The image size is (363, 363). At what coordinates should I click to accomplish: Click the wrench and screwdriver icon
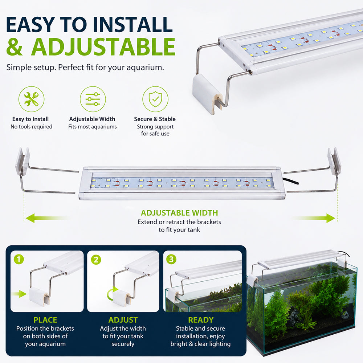[x=32, y=99]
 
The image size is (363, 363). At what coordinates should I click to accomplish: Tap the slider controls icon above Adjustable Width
[x=93, y=99]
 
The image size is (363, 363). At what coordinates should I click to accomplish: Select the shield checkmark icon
[x=155, y=99]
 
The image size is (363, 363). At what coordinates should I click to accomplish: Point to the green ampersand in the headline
[x=15, y=47]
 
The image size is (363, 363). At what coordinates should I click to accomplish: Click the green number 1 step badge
[x=19, y=259]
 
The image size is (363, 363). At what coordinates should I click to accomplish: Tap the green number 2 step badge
[x=96, y=260]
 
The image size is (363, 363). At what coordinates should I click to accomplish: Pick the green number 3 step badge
[x=171, y=259]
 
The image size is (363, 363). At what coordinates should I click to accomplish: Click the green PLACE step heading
[x=45, y=320]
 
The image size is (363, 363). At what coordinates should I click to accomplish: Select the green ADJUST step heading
[x=123, y=320]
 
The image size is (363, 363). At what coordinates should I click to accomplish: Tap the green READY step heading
[x=201, y=320]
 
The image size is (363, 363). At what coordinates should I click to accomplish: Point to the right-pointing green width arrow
[x=314, y=218]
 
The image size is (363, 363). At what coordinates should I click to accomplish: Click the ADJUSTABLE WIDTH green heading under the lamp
[x=179, y=213]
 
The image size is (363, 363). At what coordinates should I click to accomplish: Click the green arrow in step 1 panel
[x=20, y=294]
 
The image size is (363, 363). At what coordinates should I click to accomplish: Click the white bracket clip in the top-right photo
[x=207, y=93]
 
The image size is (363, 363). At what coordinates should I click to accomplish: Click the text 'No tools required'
[x=32, y=127]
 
